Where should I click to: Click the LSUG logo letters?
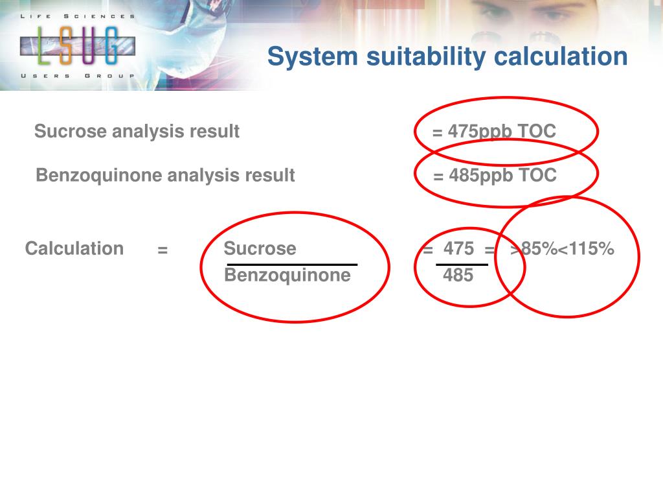(78, 45)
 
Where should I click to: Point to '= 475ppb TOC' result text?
(494, 132)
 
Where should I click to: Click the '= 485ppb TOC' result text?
(495, 175)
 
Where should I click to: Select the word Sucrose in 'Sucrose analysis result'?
(71, 132)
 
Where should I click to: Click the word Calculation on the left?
(74, 248)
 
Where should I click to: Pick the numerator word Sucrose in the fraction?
(260, 248)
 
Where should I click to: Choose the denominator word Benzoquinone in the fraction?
(287, 276)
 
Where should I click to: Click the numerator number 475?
(458, 248)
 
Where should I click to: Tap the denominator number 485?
(458, 276)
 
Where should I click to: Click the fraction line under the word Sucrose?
(292, 265)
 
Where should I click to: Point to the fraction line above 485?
(462, 265)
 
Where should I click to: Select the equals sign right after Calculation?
(163, 250)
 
